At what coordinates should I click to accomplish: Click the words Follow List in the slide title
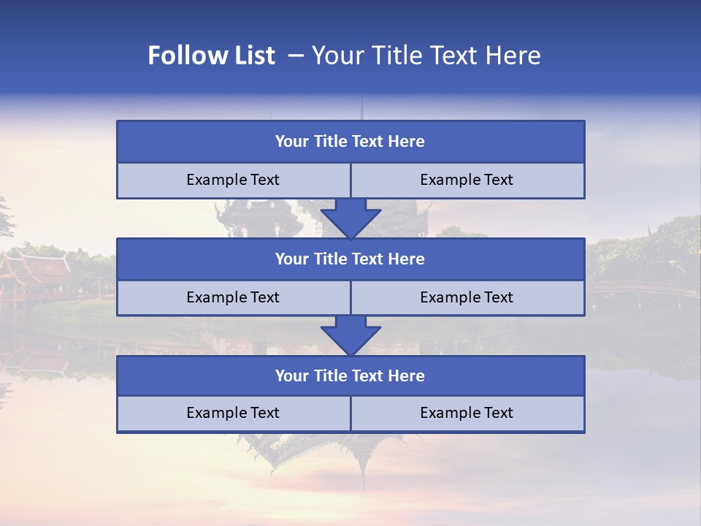[x=211, y=56]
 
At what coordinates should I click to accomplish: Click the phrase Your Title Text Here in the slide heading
[x=426, y=56]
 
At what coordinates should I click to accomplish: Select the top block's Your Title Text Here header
[x=350, y=142]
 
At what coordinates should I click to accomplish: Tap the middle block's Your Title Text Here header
[x=350, y=259]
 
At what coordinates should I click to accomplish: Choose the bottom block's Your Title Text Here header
[x=350, y=376]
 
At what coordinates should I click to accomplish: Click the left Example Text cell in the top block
[x=233, y=180]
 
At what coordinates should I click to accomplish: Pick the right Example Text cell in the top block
[x=467, y=180]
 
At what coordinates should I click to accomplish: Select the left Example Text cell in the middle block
[x=233, y=297]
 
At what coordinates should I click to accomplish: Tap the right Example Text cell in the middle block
[x=467, y=297]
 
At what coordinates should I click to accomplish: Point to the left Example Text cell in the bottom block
[x=233, y=413]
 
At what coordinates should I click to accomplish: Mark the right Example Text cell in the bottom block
[x=467, y=413]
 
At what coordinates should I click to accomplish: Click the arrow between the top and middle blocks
[x=350, y=218]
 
